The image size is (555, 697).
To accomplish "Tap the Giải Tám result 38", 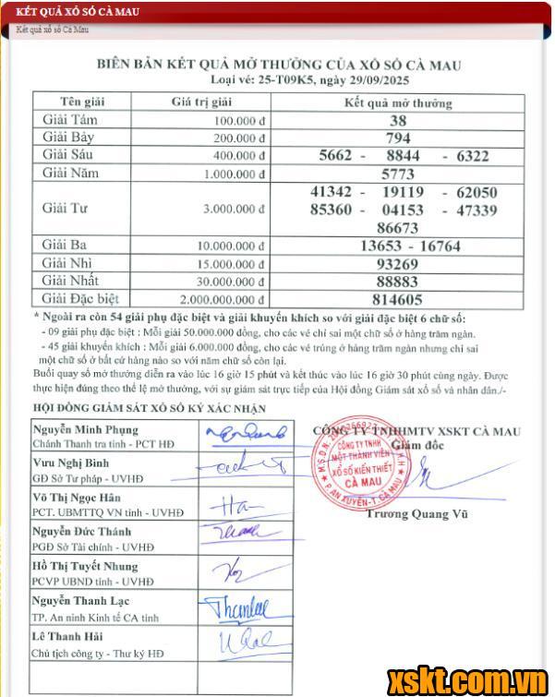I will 398,121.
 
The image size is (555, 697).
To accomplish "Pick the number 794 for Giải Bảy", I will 398,138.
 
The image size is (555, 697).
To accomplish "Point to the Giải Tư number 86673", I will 398,226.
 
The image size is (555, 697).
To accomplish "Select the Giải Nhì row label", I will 69,263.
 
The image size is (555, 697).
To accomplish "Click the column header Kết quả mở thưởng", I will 398,102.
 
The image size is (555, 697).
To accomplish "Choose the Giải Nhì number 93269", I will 398,263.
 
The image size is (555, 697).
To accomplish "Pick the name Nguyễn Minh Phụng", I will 86,429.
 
